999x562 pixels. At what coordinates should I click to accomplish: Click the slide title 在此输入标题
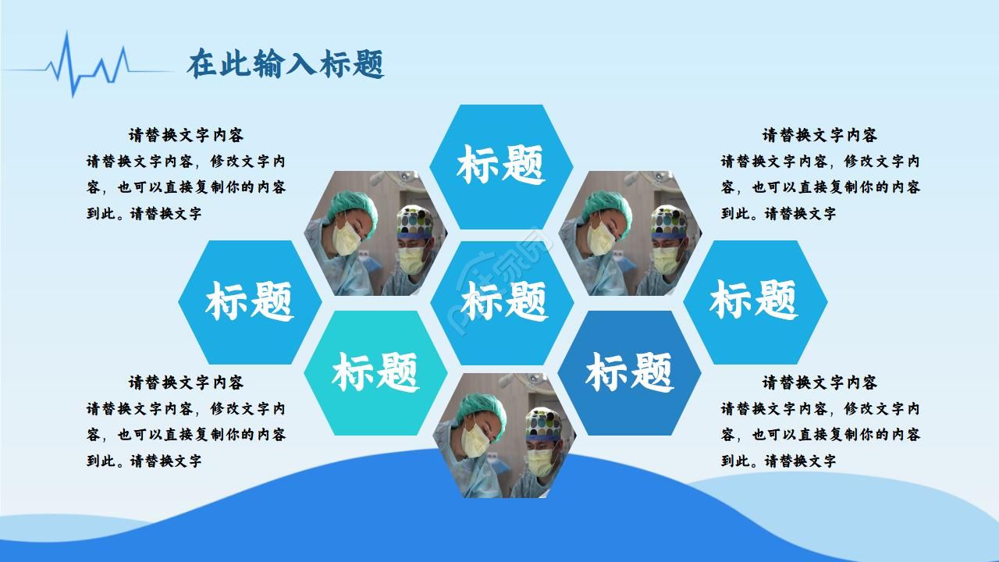coord(286,66)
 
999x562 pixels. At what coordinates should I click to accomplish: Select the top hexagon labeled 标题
coord(501,165)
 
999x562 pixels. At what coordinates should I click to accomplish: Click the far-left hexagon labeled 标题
coord(250,301)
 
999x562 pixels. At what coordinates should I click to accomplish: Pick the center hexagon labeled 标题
coord(503,301)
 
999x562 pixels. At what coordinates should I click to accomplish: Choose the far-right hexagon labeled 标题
coord(754,301)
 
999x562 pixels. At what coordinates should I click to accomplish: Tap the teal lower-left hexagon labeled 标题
coord(375,372)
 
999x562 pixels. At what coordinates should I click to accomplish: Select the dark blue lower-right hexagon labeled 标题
coord(629,372)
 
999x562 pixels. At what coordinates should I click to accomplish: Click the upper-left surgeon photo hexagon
coord(375,233)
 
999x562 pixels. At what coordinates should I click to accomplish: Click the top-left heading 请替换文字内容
coord(186,135)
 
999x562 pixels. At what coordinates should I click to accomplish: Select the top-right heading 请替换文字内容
coord(819,135)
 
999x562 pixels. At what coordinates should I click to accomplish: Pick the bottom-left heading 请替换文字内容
coord(186,382)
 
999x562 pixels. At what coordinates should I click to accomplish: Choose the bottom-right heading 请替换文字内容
coord(819,382)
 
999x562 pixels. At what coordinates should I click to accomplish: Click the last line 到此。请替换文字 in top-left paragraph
coord(144,213)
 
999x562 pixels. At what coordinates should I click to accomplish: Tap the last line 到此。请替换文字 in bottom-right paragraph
coord(778,461)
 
